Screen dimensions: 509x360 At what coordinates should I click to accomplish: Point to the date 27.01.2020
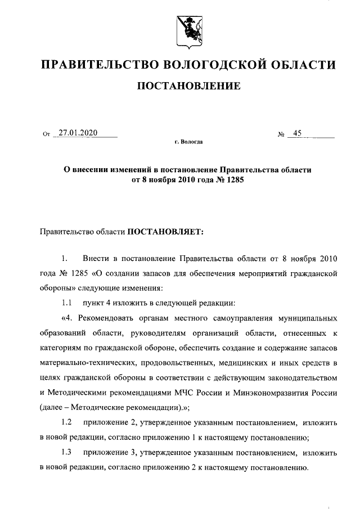76,133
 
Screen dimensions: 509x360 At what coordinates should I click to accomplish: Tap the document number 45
296,133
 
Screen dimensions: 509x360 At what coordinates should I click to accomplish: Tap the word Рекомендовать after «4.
111,318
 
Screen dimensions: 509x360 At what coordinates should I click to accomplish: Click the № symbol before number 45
280,134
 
